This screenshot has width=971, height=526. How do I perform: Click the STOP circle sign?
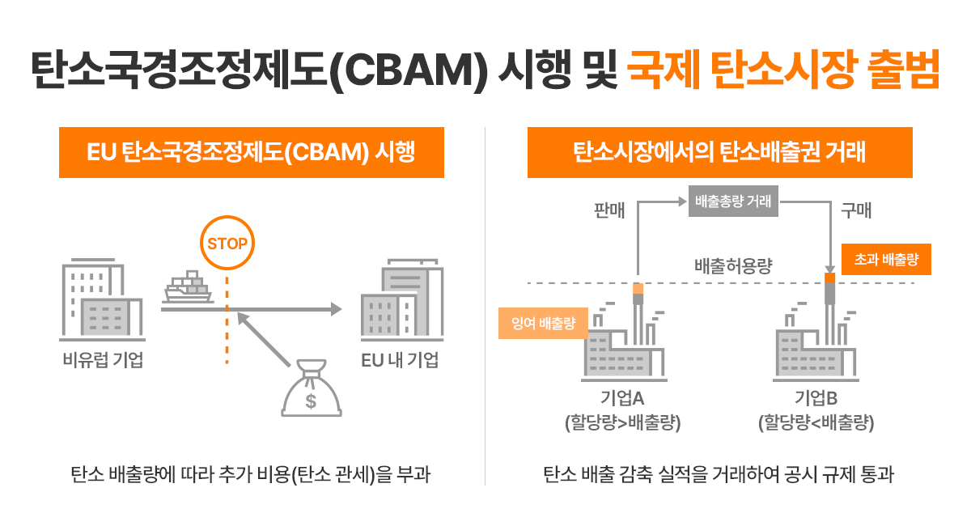tap(227, 243)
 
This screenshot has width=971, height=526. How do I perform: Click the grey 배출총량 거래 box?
tap(733, 201)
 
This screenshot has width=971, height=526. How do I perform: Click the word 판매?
tap(610, 211)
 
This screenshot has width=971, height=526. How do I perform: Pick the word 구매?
tap(855, 211)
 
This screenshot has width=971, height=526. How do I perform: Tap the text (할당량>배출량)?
tap(622, 422)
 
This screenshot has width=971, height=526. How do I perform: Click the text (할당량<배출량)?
tap(816, 422)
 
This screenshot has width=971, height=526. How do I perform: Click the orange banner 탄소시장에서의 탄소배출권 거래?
tap(719, 152)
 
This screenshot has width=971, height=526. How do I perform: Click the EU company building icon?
tap(401, 299)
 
